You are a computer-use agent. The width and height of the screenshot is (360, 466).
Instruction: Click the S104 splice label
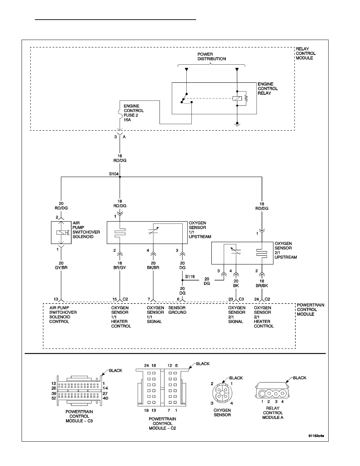[x=114, y=174]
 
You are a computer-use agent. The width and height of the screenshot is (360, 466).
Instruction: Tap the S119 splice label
[x=190, y=277]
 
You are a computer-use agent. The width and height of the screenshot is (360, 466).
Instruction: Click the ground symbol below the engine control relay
[x=237, y=124]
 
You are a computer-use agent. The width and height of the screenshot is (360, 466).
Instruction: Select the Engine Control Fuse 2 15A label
[x=134, y=113]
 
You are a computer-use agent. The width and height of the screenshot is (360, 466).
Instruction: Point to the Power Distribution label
[x=212, y=56]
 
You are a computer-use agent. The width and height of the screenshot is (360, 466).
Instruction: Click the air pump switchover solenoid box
[x=61, y=233]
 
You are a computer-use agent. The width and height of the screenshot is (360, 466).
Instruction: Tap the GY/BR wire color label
[x=61, y=268]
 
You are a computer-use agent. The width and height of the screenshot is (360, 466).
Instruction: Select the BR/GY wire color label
[x=120, y=268]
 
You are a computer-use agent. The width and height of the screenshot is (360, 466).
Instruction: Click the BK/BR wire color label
[x=153, y=268]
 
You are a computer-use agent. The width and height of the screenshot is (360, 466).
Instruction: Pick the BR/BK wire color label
[x=262, y=285]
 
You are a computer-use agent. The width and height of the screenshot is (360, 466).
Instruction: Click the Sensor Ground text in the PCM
[x=177, y=310]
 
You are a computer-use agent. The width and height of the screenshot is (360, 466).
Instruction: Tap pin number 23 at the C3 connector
[x=231, y=299]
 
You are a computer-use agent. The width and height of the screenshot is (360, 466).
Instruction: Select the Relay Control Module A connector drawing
[x=272, y=390]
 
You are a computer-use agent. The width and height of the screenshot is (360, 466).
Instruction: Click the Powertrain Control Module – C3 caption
[x=79, y=416]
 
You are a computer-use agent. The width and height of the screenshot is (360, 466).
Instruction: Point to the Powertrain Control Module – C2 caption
[x=162, y=424]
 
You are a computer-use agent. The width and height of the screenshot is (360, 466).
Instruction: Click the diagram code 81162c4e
[x=316, y=436]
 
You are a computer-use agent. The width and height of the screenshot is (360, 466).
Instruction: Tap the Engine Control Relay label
[x=267, y=89]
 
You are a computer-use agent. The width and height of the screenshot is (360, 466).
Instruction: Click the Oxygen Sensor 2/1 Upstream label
[x=285, y=250]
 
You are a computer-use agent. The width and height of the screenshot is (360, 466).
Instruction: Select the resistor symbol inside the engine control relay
[x=246, y=98]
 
